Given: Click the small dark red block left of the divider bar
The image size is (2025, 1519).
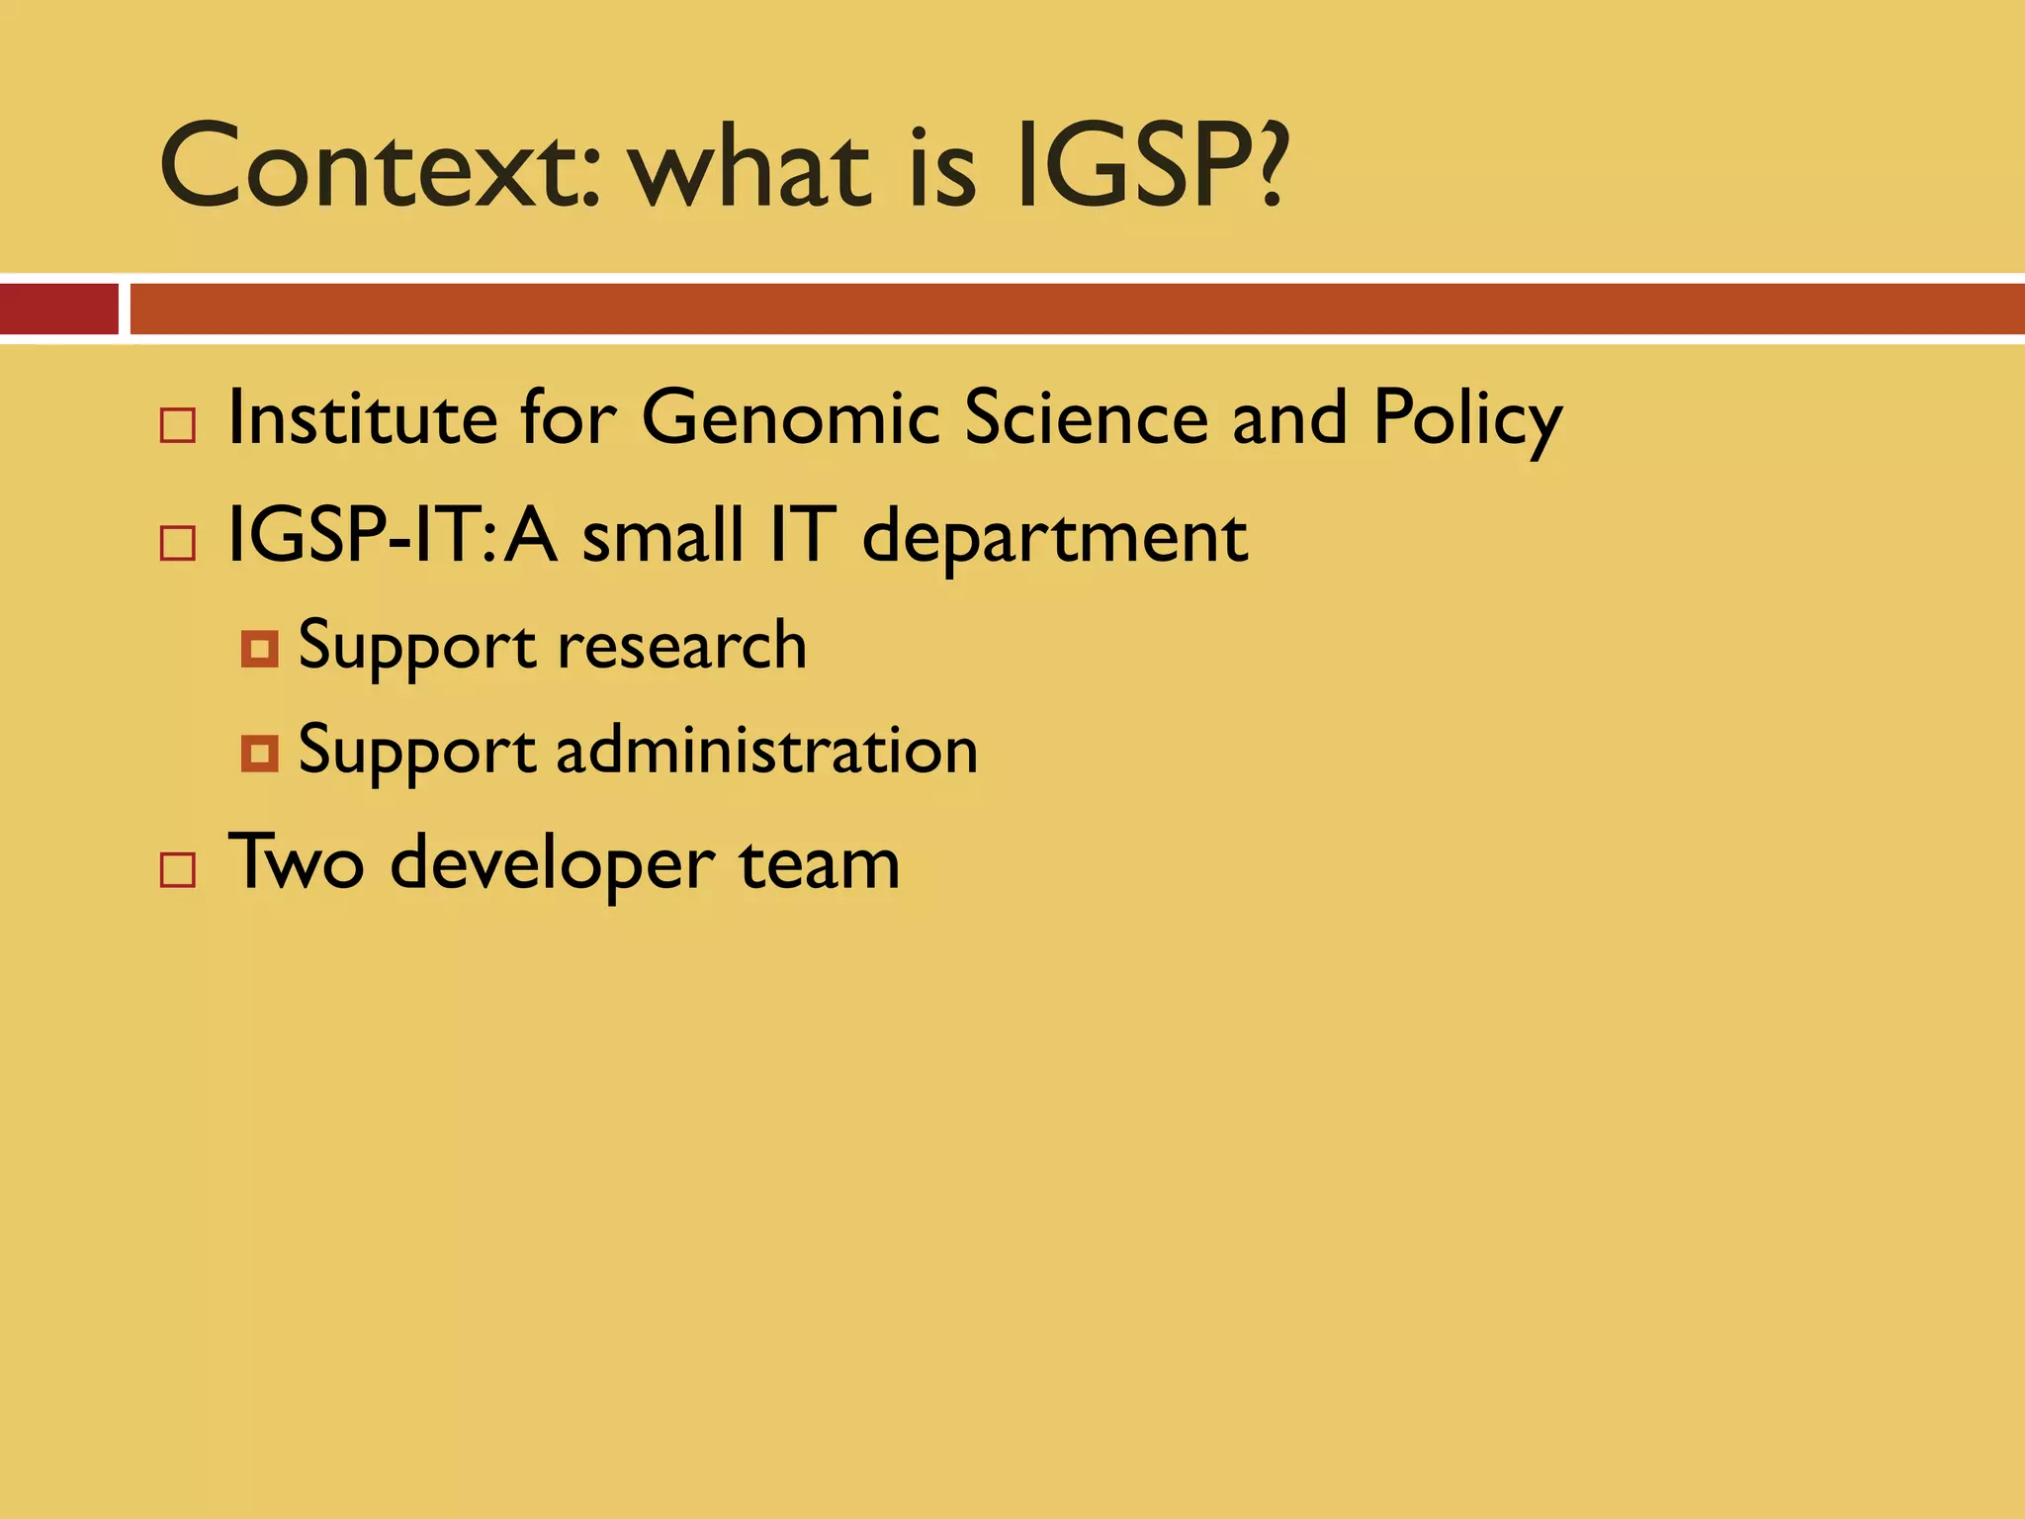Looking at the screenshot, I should (x=59, y=309).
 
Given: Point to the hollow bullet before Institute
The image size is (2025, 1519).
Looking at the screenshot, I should (x=178, y=426).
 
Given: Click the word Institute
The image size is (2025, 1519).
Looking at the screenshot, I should (x=362, y=418).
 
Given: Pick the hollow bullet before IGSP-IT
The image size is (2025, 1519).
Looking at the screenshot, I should (x=178, y=544).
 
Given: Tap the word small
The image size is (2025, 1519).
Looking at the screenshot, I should (x=661, y=536).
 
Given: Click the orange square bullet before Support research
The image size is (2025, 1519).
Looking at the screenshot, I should (x=260, y=650).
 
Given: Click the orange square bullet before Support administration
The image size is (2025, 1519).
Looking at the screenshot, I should (x=260, y=755).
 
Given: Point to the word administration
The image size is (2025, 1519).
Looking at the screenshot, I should (x=767, y=751).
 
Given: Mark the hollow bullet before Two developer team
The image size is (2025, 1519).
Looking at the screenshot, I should (x=178, y=871).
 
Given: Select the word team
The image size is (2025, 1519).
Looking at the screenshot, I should (x=820, y=863).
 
